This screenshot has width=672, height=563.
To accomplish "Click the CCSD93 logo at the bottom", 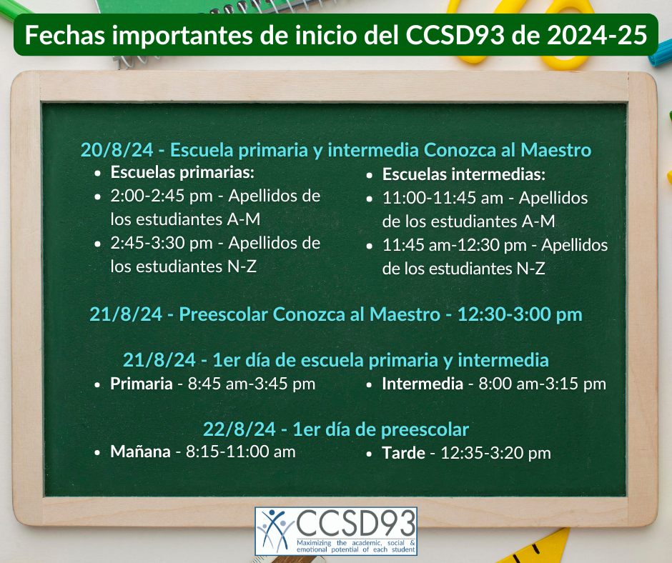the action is coord(336,532).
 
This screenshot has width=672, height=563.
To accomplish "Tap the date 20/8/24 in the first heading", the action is coord(117,150).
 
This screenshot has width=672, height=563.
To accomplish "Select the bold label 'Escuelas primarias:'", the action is coord(182,172).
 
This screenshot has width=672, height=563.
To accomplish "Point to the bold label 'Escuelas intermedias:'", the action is coord(464,174).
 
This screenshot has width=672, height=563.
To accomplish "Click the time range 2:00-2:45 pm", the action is coord(162,196).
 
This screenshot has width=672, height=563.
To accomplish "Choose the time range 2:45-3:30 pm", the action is coord(162,244).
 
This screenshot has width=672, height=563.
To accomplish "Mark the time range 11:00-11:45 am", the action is coord(443,199).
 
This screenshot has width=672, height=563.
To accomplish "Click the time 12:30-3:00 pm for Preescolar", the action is coord(520,314).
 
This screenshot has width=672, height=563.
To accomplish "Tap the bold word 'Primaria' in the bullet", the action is coord(142,384).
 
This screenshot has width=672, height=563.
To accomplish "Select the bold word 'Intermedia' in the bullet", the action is coord(423,384).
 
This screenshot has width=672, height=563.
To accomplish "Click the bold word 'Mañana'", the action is coord(141,452).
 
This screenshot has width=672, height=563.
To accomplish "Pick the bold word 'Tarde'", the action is coord(404,453).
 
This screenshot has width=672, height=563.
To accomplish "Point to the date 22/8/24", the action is coord(239,429).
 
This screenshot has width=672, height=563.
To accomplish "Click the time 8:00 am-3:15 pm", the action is coord(542,384).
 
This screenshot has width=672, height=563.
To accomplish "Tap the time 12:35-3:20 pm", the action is coord(496,453).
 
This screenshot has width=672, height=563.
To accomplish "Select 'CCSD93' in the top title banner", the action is coord(455,35).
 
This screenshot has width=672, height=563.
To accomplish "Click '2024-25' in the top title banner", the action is coord(596,35).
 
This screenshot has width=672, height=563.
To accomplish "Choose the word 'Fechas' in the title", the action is coord(65,35).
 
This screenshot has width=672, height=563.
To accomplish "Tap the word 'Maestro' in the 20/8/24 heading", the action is coord(556,150).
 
